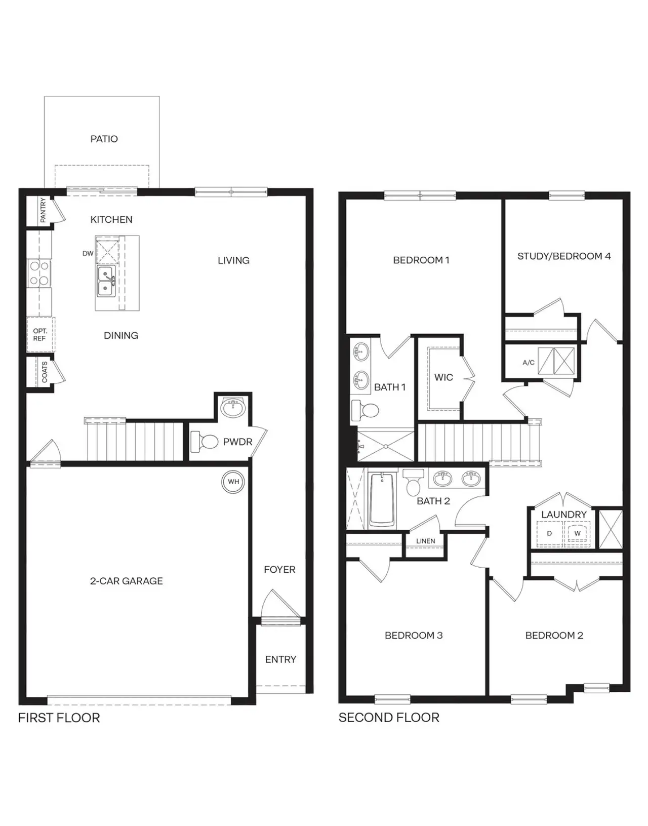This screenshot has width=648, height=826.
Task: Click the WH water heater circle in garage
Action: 233,482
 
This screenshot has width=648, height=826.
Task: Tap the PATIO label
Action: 104,139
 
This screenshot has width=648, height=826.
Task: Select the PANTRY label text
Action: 43,210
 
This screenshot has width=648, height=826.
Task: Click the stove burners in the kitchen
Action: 39,273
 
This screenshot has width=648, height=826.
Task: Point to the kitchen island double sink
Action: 106,282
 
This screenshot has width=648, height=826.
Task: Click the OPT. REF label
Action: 39,335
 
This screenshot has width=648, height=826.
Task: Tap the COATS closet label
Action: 45,372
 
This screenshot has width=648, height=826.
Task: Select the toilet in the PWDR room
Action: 204,442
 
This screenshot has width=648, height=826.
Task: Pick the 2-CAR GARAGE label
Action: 126,581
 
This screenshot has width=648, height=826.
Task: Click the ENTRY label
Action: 280,659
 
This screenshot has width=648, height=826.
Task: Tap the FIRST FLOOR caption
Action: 59,718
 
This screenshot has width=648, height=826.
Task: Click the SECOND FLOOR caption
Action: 389,718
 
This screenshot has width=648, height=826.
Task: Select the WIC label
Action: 443,377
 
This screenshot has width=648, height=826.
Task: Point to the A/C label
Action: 529,363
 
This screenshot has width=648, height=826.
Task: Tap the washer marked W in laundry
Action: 577,534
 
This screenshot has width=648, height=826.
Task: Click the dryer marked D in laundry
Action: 549,534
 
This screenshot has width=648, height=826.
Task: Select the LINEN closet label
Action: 425,541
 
